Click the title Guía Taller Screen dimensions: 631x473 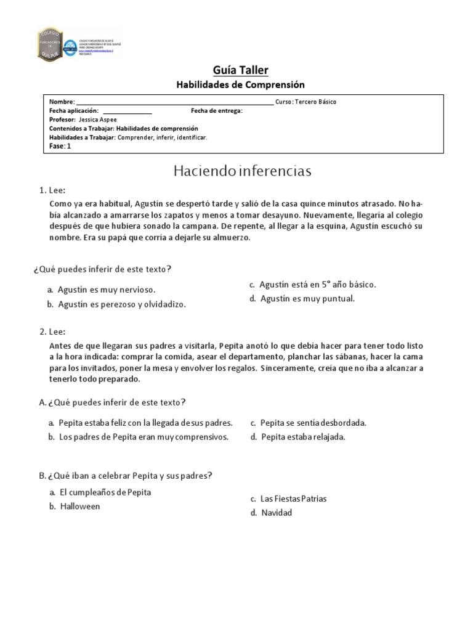click(x=241, y=70)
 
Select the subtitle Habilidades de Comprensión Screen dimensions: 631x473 click(x=241, y=85)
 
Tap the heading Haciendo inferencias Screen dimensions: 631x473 click(x=242, y=170)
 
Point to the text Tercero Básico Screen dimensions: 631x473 click(x=316, y=102)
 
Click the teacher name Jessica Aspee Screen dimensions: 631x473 click(x=98, y=120)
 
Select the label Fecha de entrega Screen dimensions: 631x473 click(x=217, y=111)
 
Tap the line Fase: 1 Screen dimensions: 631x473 click(x=60, y=147)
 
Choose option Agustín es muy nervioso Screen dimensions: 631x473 click(x=106, y=289)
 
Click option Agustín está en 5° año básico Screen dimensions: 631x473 click(x=317, y=284)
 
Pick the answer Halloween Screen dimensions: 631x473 click(x=79, y=507)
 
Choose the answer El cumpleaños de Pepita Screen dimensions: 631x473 click(x=105, y=492)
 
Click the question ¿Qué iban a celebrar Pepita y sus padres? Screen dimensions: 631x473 click(x=129, y=475)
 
